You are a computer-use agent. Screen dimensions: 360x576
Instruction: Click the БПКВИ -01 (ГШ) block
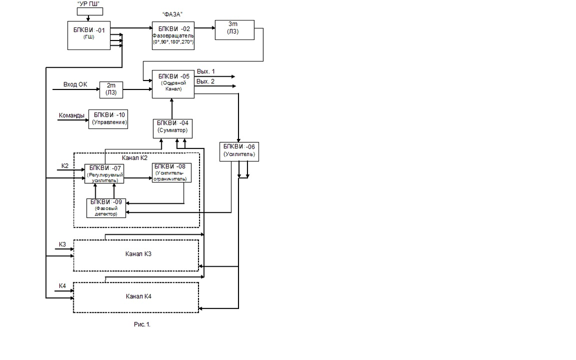coord(90,35)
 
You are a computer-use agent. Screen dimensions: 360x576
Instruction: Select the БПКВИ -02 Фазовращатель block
coord(173,36)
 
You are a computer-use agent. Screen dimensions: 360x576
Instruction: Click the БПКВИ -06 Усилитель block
coord(239,151)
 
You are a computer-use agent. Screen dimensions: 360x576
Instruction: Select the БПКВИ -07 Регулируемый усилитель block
coord(105,173)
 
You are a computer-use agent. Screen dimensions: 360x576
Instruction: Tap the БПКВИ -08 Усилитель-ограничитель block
coord(172,172)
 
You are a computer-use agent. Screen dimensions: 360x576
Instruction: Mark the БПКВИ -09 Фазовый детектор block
coord(107,208)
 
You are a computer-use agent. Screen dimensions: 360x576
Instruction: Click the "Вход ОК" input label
coord(75,84)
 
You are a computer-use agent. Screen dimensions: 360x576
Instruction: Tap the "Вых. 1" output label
coord(206,71)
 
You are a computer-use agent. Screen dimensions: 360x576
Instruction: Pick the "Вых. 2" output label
coord(206,81)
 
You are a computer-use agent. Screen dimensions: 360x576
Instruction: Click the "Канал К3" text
coord(139,254)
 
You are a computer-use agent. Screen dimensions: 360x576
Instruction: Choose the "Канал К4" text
coord(139,296)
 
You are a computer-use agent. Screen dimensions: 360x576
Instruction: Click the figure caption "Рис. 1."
coord(142,324)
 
